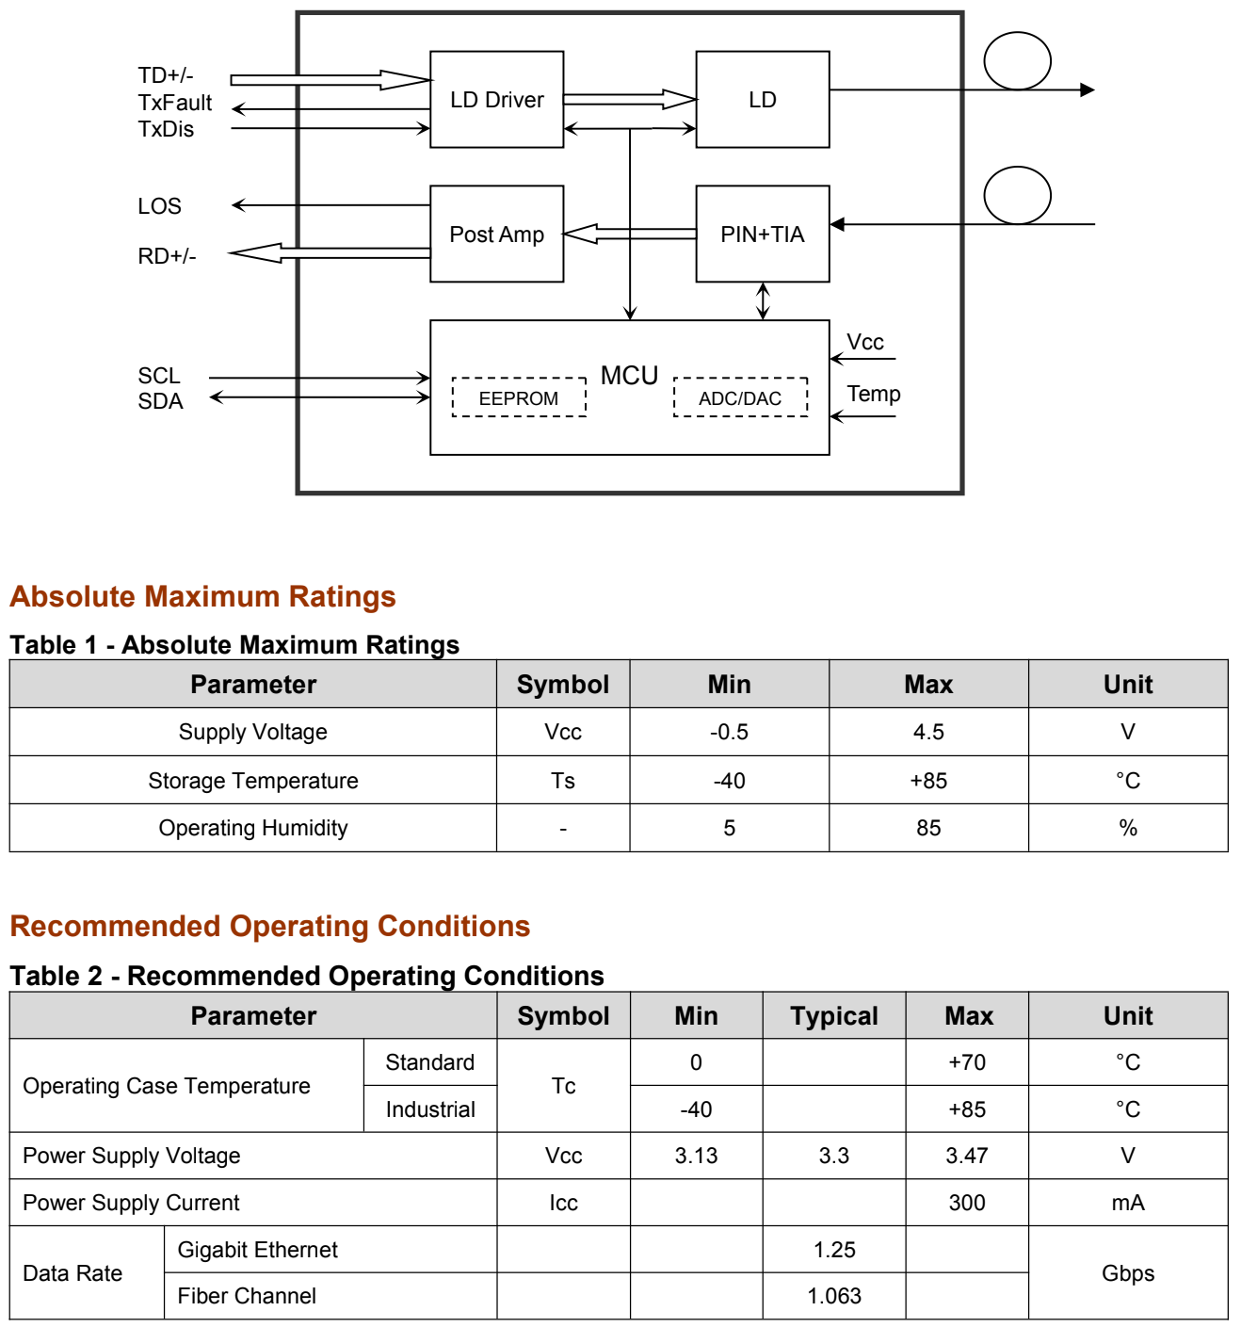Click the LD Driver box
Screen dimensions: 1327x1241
pos(496,100)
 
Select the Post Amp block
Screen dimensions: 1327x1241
pos(496,234)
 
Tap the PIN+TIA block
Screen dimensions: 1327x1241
pos(762,234)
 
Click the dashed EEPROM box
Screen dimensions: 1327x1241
pos(519,397)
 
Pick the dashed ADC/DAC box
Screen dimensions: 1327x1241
pos(740,397)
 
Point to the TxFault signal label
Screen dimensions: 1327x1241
pos(175,103)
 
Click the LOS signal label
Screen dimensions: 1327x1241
pos(159,206)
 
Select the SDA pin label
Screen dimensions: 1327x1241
pos(160,401)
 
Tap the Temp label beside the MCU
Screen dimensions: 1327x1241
pos(873,394)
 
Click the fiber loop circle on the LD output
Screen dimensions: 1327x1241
pos(1017,61)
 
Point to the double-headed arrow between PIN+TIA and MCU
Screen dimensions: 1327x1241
pos(763,301)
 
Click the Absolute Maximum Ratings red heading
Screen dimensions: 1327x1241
pos(202,596)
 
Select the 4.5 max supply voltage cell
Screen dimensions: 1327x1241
pos(928,732)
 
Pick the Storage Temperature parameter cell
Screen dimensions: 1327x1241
pos(252,780)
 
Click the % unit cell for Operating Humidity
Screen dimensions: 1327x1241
pos(1127,828)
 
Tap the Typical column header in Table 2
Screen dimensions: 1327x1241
pos(833,1015)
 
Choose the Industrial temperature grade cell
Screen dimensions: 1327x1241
pos(429,1109)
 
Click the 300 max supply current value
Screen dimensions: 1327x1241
pos(966,1202)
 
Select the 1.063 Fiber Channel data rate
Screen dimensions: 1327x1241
pos(833,1296)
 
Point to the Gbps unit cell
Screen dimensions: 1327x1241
pos(1127,1272)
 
